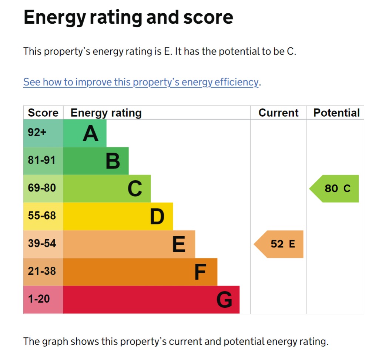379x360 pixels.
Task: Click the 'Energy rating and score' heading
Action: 128,17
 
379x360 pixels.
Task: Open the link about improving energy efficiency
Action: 141,82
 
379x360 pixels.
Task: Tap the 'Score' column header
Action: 43,113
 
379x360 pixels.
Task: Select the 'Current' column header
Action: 278,113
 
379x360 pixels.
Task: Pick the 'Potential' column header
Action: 336,113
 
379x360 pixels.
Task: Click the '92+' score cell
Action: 37,133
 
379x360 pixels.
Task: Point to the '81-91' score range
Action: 42,160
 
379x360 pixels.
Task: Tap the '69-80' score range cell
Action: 42,188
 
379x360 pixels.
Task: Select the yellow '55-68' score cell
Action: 42,216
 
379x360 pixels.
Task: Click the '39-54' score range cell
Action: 42,244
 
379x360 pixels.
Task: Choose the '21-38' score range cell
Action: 42,271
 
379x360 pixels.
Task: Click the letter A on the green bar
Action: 91,134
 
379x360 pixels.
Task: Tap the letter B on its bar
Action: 113,161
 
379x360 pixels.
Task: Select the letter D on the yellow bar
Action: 157,217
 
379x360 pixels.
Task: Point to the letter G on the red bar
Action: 224,300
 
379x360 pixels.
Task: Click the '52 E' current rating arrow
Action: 280,244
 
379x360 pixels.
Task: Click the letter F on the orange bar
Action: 200,273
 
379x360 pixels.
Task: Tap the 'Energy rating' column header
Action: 106,113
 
